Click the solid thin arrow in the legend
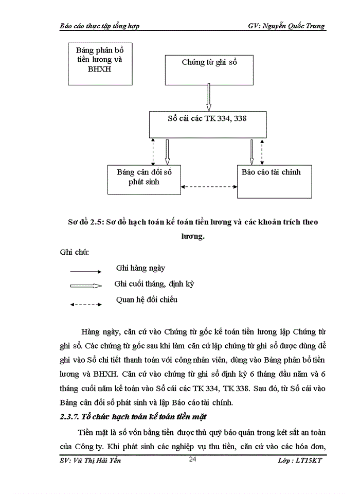[x=86, y=271]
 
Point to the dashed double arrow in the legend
[x=86, y=305]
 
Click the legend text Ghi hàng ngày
[x=140, y=268]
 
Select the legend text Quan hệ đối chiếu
[x=147, y=299]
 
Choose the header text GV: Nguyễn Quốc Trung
[x=286, y=26]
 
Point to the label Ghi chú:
[x=75, y=252]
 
